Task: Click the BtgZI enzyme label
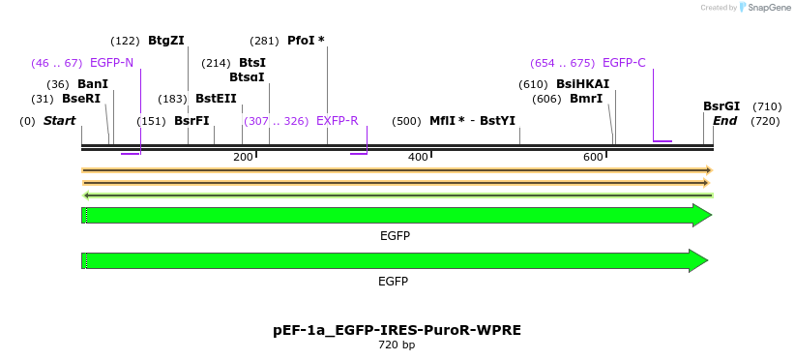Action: (x=165, y=41)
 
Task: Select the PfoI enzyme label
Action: (x=306, y=41)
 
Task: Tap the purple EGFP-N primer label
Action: (x=111, y=63)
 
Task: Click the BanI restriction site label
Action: (x=93, y=84)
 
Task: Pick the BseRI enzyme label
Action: (x=81, y=98)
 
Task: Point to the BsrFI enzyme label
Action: (x=191, y=121)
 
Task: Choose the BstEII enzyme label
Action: (x=216, y=98)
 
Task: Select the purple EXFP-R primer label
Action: (x=338, y=121)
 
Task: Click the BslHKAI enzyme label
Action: (x=582, y=84)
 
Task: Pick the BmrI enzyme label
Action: (x=586, y=98)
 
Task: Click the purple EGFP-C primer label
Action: (x=624, y=63)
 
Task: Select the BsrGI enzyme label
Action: (x=721, y=106)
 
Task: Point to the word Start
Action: (x=60, y=121)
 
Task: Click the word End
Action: (x=724, y=121)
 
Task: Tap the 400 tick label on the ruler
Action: (x=419, y=157)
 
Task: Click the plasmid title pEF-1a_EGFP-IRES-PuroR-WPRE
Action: (x=397, y=330)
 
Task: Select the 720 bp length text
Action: (x=397, y=345)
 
